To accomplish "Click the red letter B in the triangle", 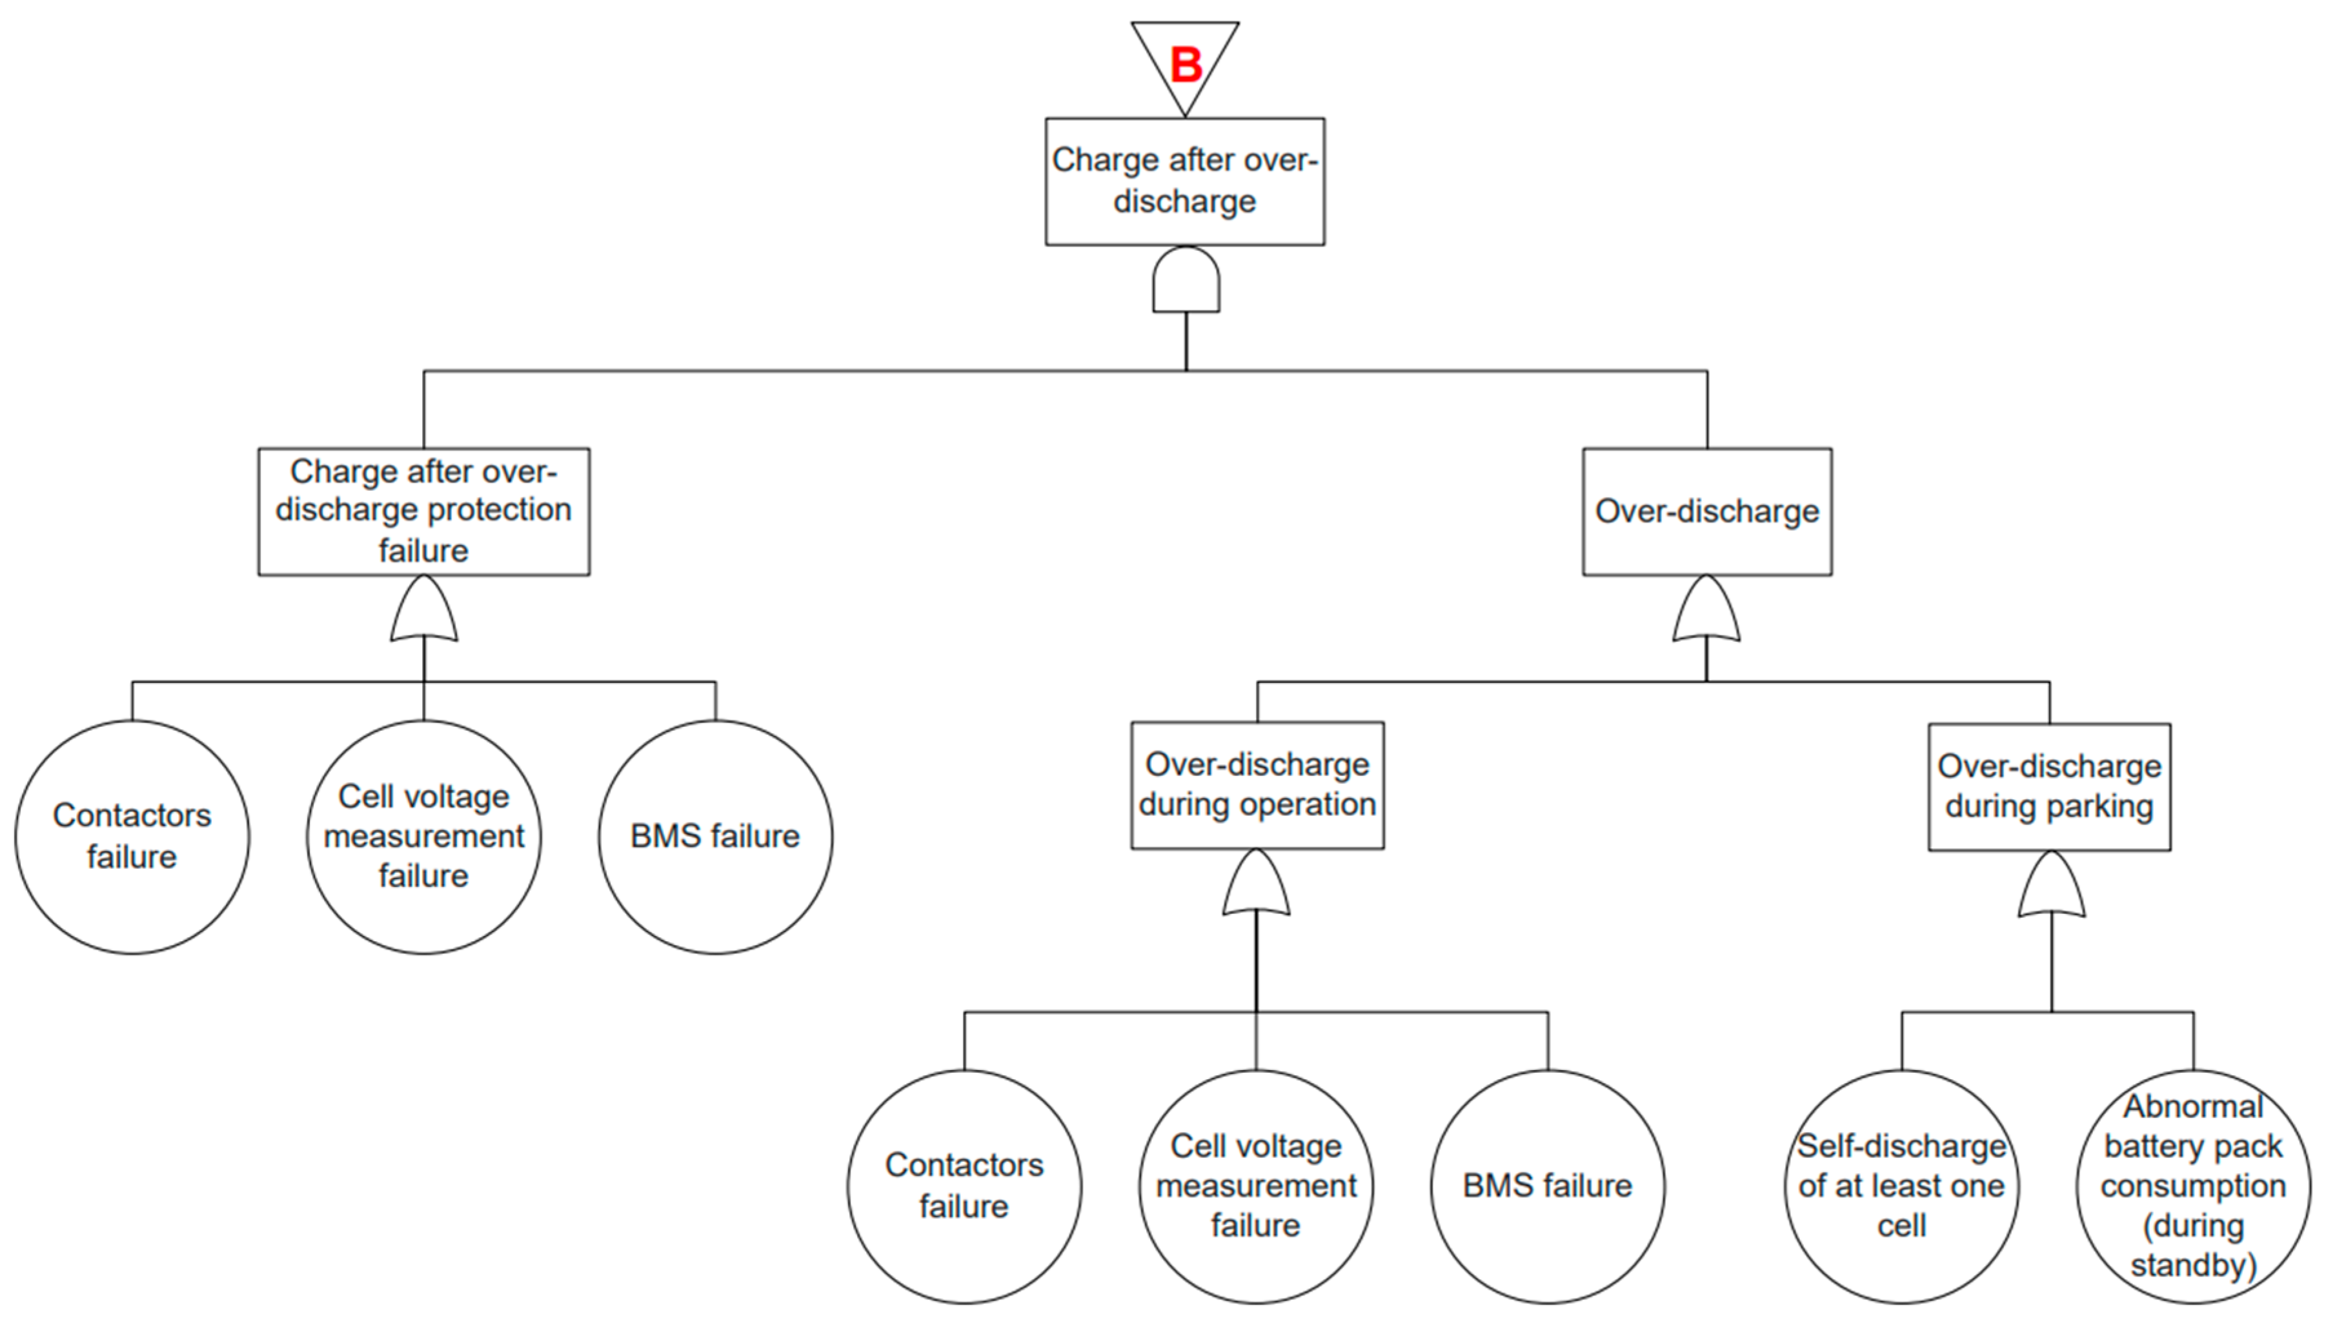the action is tap(1185, 65).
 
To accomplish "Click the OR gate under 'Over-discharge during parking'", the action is tap(2051, 884).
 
